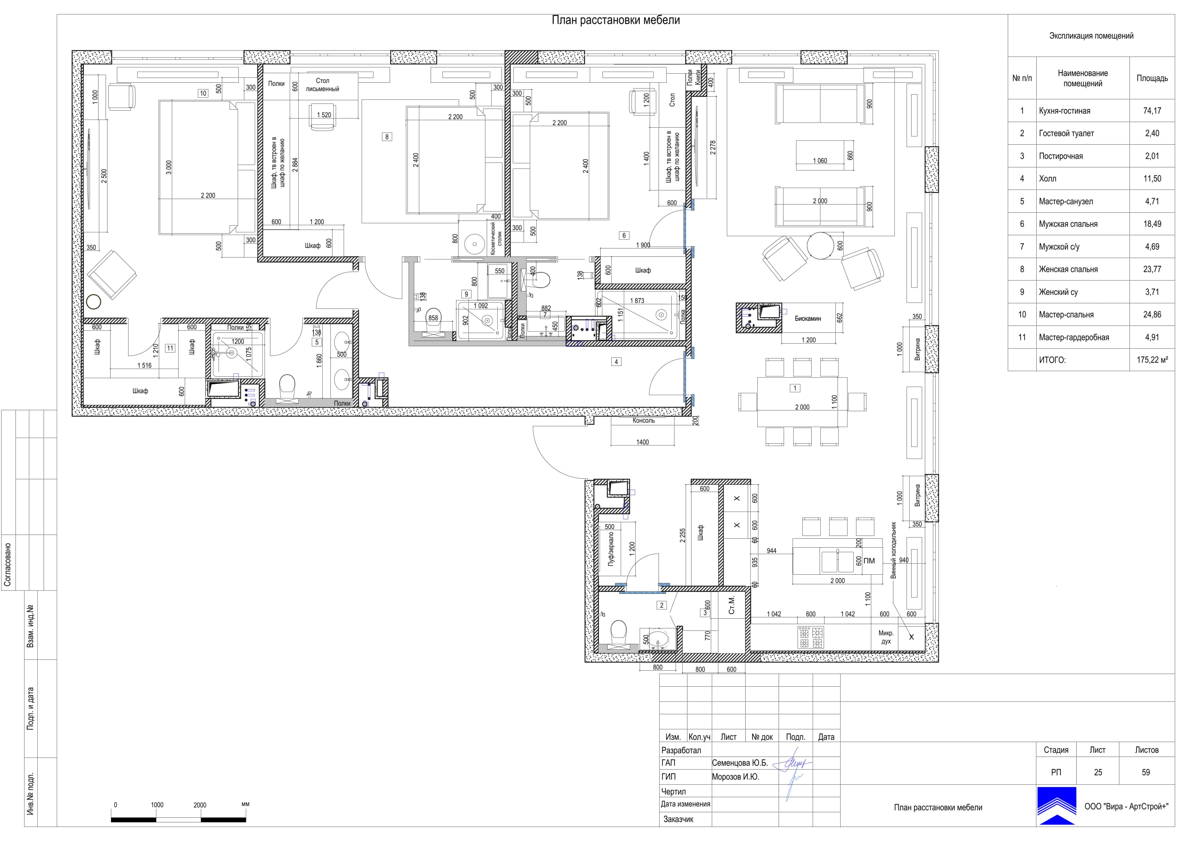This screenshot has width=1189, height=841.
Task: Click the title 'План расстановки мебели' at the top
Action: point(616,20)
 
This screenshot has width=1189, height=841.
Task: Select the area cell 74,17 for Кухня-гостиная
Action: point(1152,111)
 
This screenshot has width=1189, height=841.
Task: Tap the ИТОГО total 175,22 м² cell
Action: point(1152,360)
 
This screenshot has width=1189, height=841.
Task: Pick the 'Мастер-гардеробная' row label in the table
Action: point(1074,337)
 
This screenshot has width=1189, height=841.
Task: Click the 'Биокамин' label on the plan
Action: point(808,319)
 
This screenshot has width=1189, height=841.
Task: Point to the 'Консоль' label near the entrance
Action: point(644,421)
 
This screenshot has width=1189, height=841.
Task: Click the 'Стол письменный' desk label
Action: point(323,85)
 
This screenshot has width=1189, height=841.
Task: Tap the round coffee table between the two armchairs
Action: point(821,246)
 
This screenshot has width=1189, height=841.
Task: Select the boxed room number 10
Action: point(203,93)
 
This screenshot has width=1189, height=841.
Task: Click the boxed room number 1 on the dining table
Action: point(795,388)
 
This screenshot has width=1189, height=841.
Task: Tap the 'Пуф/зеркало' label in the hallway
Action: point(611,549)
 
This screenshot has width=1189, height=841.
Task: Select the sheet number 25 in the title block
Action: point(1098,772)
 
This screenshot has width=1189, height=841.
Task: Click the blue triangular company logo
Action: point(1056,806)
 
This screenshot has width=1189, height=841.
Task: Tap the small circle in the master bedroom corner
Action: point(94,302)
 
